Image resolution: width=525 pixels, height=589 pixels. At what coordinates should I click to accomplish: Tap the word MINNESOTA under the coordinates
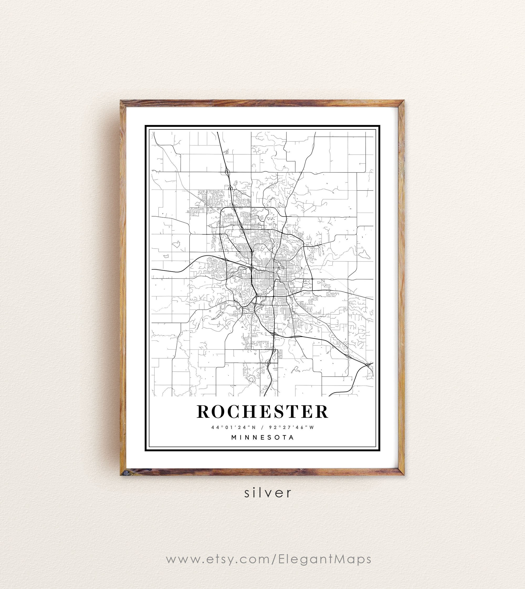[x=262, y=437]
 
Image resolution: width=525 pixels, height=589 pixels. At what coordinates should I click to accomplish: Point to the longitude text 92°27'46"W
[x=291, y=427]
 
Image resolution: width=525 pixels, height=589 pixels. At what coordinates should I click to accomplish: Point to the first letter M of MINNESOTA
[x=234, y=437]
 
